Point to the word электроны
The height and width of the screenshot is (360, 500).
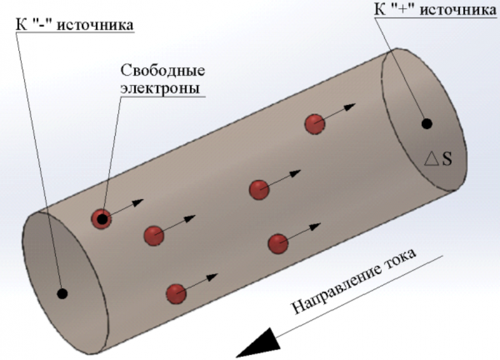coord(159,87)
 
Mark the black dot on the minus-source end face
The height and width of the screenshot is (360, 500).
coord(62,292)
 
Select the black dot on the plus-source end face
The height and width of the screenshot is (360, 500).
coord(427,123)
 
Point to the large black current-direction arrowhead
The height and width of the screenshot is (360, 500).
coord(257,344)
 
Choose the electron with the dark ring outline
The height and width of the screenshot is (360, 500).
coord(101,218)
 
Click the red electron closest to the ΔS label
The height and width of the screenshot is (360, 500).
coord(314,124)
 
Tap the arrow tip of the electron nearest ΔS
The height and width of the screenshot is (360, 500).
coord(354,105)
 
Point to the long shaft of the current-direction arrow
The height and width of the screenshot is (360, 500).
coord(362,293)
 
